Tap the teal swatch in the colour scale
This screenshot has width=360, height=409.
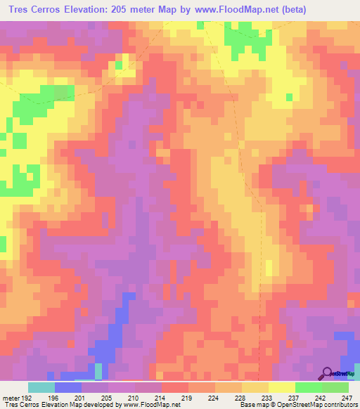pyautogui.click(x=41, y=387)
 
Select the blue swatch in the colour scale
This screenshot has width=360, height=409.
pyautogui.click(x=68, y=387)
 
